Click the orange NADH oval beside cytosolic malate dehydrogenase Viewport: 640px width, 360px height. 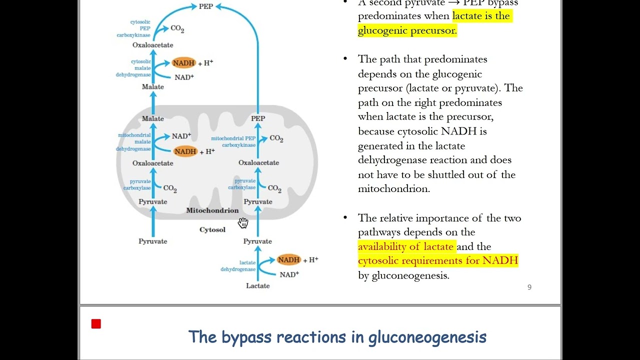[x=183, y=63]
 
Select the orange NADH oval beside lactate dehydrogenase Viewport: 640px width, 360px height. [x=289, y=259]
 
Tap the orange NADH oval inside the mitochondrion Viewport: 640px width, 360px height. [x=185, y=151]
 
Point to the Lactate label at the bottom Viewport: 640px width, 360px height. [x=257, y=286]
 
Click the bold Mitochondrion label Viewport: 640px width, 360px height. [x=212, y=210]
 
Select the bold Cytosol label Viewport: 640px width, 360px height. [x=212, y=230]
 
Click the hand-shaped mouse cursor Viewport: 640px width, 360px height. [x=243, y=222]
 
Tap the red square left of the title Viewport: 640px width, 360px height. [x=96, y=324]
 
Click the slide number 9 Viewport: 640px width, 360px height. [x=529, y=287]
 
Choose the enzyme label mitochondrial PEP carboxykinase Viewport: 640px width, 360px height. [x=233, y=141]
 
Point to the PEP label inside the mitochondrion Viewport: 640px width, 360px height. [x=257, y=118]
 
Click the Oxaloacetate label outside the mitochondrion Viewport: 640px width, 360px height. [x=152, y=45]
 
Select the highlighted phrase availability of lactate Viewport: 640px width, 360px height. [x=405, y=246]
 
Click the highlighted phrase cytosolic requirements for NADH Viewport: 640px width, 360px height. [x=437, y=260]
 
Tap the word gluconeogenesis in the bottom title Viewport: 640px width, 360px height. [x=427, y=337]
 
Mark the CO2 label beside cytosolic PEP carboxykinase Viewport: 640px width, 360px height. [x=177, y=28]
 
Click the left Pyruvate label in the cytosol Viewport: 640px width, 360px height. [x=152, y=241]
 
